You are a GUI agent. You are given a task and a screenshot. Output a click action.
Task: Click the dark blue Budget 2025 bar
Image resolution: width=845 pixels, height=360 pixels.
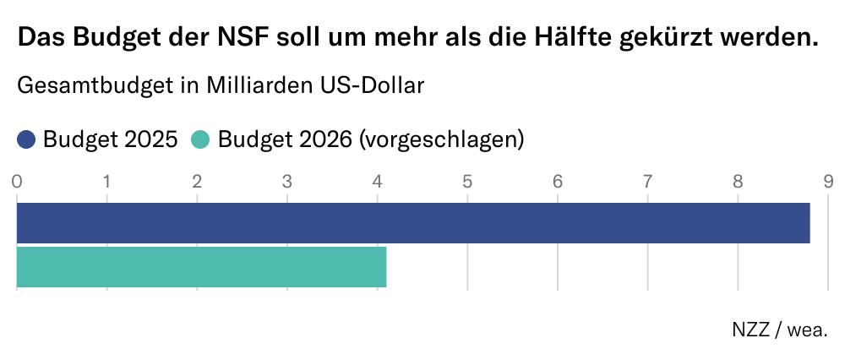(413, 223)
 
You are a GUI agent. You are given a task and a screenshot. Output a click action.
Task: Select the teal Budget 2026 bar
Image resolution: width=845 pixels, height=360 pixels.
(201, 267)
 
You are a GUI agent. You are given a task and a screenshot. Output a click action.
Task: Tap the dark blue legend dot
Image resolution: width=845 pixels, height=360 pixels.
(26, 139)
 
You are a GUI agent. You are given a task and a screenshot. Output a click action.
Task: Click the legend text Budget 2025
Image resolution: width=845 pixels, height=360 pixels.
(110, 139)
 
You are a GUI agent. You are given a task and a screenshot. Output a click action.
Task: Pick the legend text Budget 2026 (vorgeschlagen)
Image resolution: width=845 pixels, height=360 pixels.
(371, 139)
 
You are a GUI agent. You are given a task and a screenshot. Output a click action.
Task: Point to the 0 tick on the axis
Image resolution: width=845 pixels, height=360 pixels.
(17, 181)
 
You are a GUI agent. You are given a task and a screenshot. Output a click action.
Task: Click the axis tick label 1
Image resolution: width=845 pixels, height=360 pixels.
(107, 181)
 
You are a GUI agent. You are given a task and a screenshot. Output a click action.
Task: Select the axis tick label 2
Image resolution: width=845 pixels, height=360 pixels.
(197, 181)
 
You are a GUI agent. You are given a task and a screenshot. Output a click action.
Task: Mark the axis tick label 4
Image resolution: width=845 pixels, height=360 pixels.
(377, 181)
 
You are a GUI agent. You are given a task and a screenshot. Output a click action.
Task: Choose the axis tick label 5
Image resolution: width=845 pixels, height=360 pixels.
(467, 181)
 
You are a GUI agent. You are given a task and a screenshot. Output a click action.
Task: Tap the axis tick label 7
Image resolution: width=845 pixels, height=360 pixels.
(647, 181)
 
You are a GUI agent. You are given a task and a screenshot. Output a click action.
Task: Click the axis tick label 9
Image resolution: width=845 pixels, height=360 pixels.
(827, 181)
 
